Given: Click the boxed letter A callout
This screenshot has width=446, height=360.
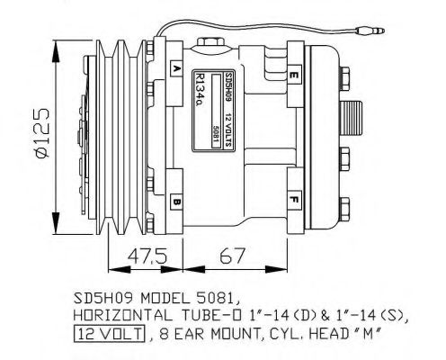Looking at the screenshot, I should tap(176, 69).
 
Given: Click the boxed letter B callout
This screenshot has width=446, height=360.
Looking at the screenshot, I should tap(176, 202).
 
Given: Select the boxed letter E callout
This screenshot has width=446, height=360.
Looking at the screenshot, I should tap(294, 72).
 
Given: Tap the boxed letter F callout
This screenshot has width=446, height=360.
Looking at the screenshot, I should tap(294, 198).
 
